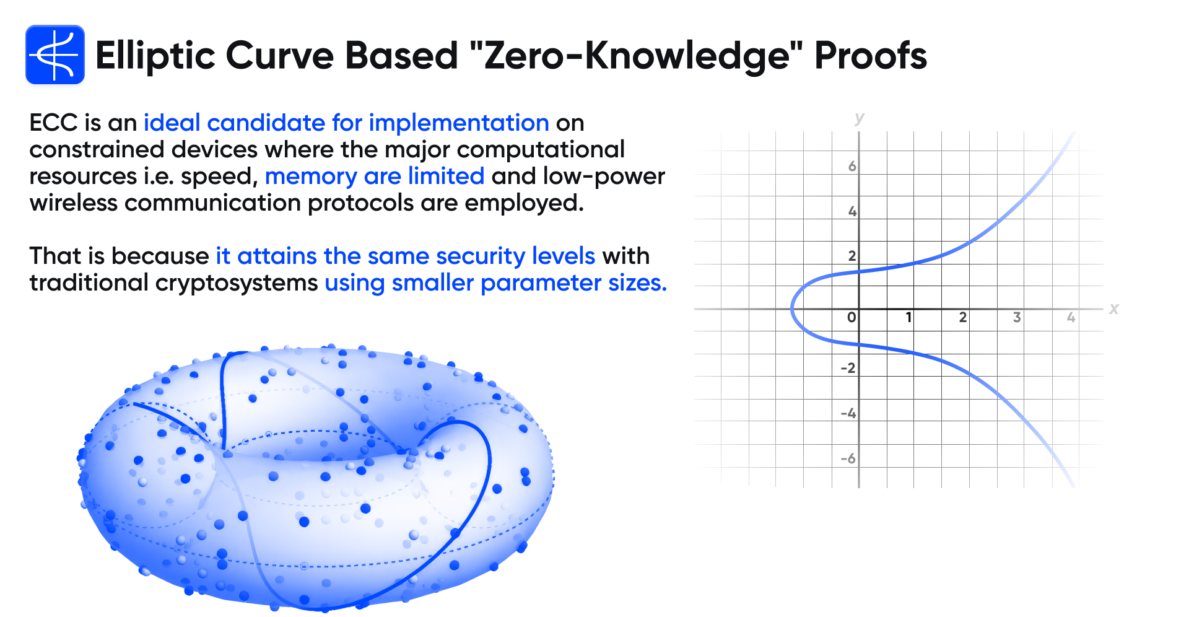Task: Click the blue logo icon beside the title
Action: (x=55, y=55)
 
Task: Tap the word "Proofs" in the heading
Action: (x=870, y=56)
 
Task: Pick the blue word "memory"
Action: (x=311, y=177)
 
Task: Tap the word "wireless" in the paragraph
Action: (x=73, y=203)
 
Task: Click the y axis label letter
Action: (x=859, y=118)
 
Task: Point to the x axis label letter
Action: (x=1114, y=308)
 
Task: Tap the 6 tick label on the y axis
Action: (x=852, y=166)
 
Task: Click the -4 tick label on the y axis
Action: (x=848, y=413)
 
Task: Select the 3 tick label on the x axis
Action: (x=1017, y=317)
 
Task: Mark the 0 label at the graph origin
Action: (x=851, y=317)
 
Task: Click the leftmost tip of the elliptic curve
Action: (x=792, y=308)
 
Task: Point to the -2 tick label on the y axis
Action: (x=848, y=368)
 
